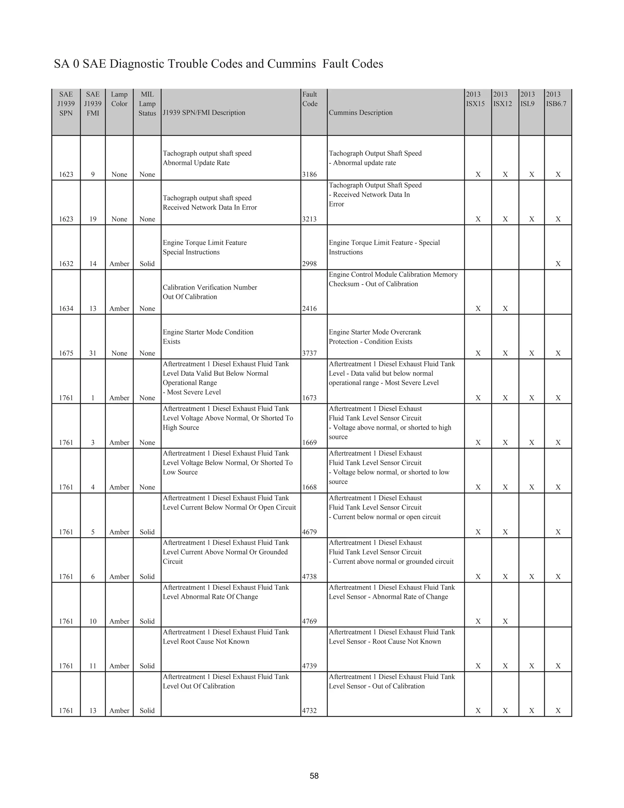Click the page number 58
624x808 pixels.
pyautogui.click(x=314, y=776)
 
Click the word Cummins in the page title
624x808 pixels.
pyautogui.click(x=291, y=64)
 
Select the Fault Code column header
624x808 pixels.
pyautogui.click(x=310, y=99)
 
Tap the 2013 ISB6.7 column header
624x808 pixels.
pyautogui.click(x=556, y=99)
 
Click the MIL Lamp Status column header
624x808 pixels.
pyautogui.click(x=147, y=104)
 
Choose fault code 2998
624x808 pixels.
pyautogui.click(x=310, y=264)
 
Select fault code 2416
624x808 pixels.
pyautogui.click(x=310, y=309)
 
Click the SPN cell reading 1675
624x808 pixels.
pyautogui.click(x=66, y=353)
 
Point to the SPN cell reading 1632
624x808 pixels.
pyautogui.click(x=66, y=264)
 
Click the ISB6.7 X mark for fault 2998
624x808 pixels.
pyautogui.click(x=558, y=264)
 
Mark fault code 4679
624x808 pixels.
pyautogui.click(x=310, y=532)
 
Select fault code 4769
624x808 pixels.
pyautogui.click(x=310, y=621)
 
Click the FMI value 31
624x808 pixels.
pyautogui.click(x=93, y=353)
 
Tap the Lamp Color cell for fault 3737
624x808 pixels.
pyautogui.click(x=119, y=353)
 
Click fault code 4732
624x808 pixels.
pyautogui.click(x=310, y=711)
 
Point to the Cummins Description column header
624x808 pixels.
pyautogui.click(x=360, y=113)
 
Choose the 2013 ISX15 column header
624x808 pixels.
pyautogui.click(x=475, y=99)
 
